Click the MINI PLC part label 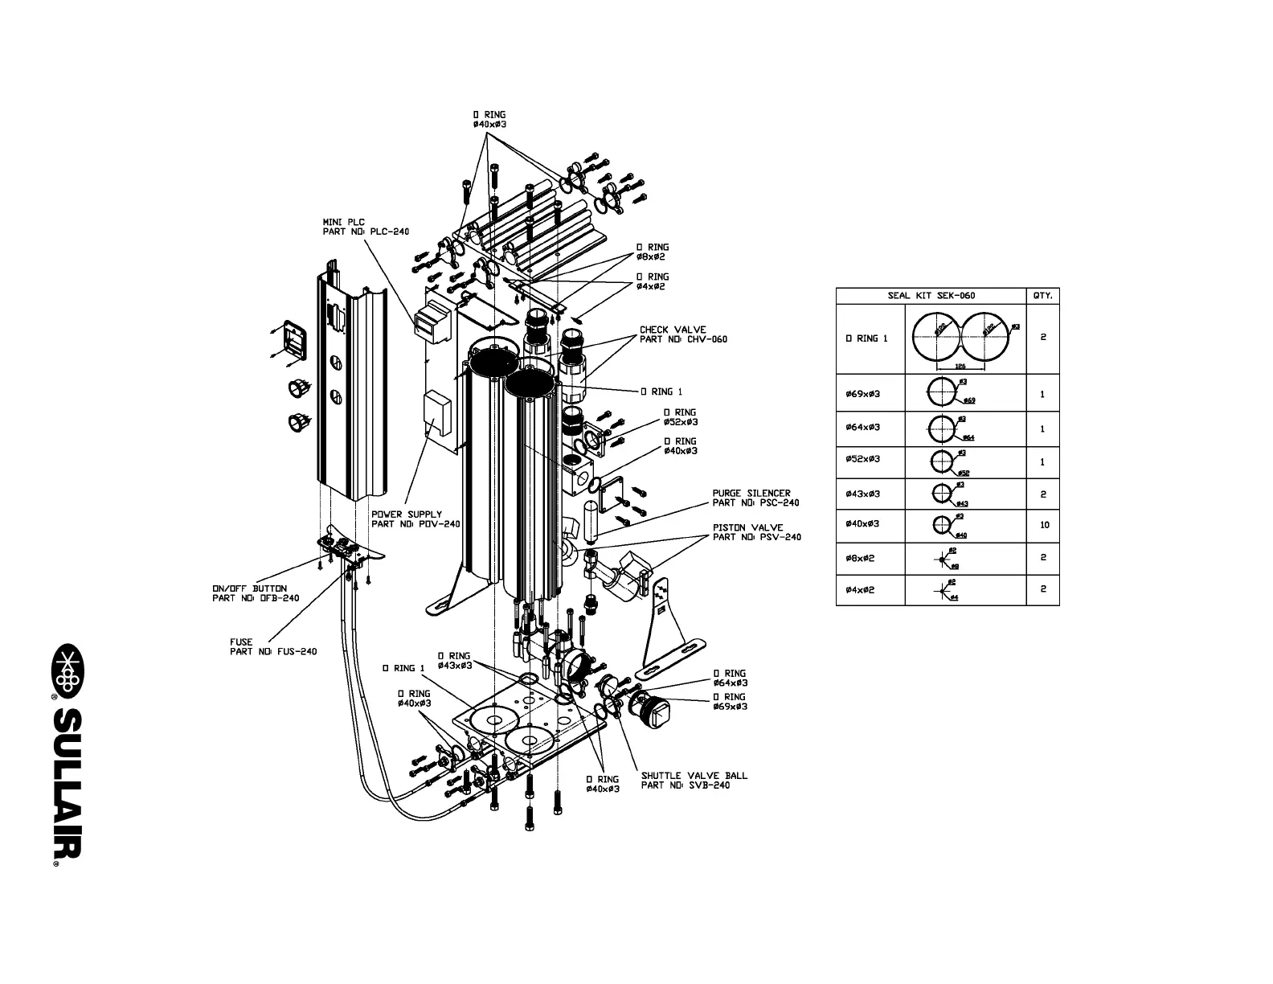click(x=365, y=227)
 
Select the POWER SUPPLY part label click(x=415, y=519)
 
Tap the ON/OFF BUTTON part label click(x=255, y=593)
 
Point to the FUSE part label click(x=272, y=647)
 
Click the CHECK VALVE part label click(x=682, y=334)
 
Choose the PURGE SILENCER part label click(x=755, y=498)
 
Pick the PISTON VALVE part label click(x=755, y=532)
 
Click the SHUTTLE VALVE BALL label click(x=693, y=781)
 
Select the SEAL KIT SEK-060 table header click(x=931, y=296)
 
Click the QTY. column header click(x=1042, y=296)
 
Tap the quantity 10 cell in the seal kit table click(x=1043, y=526)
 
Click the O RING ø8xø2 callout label click(x=652, y=252)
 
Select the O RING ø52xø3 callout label click(x=679, y=417)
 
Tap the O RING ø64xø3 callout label click(x=729, y=679)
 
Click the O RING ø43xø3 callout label click(x=454, y=661)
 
